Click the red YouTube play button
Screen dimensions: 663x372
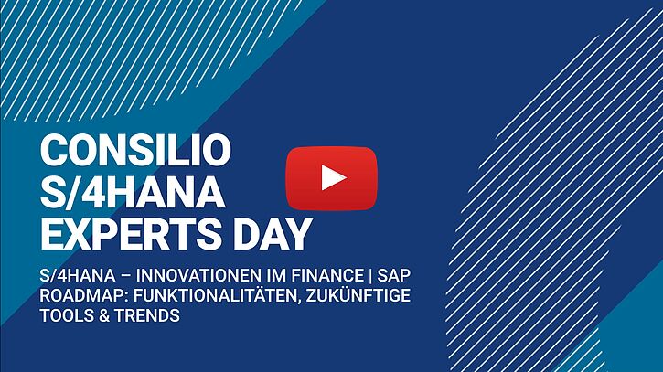tap(331, 178)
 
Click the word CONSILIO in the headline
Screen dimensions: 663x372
tap(135, 150)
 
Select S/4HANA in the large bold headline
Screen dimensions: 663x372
tap(133, 192)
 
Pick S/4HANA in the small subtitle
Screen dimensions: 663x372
tap(78, 276)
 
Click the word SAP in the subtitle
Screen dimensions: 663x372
tap(393, 276)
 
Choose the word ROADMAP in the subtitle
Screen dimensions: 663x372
tap(84, 295)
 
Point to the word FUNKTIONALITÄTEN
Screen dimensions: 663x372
tap(217, 295)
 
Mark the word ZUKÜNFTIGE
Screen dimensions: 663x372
tap(358, 295)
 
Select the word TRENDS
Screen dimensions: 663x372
tap(147, 315)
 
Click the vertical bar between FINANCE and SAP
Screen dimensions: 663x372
tap(370, 276)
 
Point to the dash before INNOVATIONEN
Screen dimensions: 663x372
tap(125, 276)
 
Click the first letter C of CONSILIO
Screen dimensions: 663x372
tap(52, 150)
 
